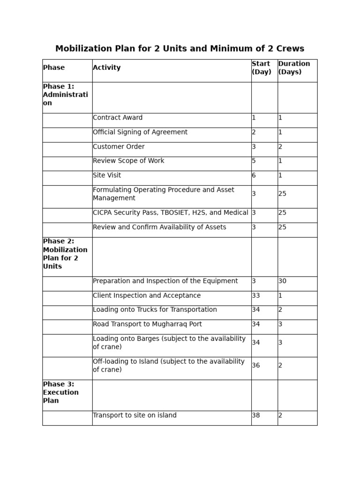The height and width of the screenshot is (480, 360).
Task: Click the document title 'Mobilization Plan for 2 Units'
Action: [180, 49]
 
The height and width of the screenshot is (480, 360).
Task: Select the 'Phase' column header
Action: [54, 68]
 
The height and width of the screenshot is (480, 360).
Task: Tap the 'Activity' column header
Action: [107, 68]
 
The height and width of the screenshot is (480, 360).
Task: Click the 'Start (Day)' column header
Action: [262, 68]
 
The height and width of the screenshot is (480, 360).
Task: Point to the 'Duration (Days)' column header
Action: [294, 68]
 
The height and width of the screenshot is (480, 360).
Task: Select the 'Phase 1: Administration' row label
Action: [65, 95]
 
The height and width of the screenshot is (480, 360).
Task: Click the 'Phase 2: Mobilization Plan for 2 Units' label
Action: [65, 254]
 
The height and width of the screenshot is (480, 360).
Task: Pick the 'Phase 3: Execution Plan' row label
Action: [61, 392]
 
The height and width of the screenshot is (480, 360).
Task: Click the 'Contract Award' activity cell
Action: [118, 118]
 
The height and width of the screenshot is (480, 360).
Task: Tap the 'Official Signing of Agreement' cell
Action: [140, 132]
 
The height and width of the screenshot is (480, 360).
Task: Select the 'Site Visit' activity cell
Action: [107, 175]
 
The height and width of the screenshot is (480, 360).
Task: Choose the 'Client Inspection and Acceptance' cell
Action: [147, 296]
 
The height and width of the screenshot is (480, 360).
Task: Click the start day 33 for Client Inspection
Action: [256, 296]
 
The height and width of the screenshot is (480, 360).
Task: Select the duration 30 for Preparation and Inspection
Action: [283, 281]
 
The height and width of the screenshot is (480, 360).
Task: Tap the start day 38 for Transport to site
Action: [256, 415]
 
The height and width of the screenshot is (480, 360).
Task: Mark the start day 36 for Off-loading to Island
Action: [256, 366]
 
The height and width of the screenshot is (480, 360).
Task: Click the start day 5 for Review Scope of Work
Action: [254, 161]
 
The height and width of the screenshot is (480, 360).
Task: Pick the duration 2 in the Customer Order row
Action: [280, 147]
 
